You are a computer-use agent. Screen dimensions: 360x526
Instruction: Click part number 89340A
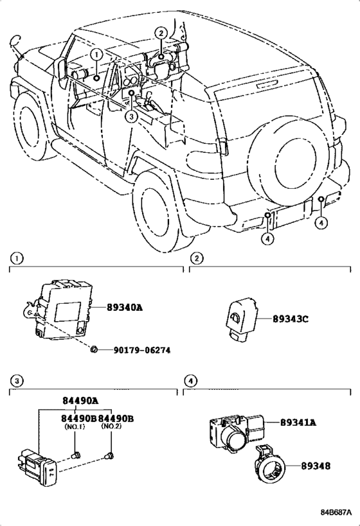pos(125,307)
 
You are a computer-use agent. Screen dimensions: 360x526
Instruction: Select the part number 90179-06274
pos(141,350)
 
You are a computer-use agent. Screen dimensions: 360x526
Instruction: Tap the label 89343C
pos(290,319)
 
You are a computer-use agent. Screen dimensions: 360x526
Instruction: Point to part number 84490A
pos(80,401)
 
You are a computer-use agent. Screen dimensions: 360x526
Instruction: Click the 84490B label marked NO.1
pos(78,418)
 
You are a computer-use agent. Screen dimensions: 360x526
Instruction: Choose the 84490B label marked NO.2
pos(116,418)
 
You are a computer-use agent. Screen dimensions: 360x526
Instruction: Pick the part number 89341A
pos(298,423)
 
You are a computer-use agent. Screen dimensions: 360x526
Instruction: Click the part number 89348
pos(316,466)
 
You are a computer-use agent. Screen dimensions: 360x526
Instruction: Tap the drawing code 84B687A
pos(336,513)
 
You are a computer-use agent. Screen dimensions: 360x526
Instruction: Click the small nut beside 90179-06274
pos(94,349)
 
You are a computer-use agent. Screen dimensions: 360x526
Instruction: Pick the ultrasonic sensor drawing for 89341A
pos(235,431)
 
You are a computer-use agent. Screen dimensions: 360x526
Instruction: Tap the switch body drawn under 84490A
pos(37,466)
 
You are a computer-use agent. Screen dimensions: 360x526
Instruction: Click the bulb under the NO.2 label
pos(109,456)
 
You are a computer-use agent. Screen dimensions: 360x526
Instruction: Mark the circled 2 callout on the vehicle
pos(161,33)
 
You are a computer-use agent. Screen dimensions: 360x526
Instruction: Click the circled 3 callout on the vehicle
pos(131,116)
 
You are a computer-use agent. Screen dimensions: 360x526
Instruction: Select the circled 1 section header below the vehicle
pos(17,259)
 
